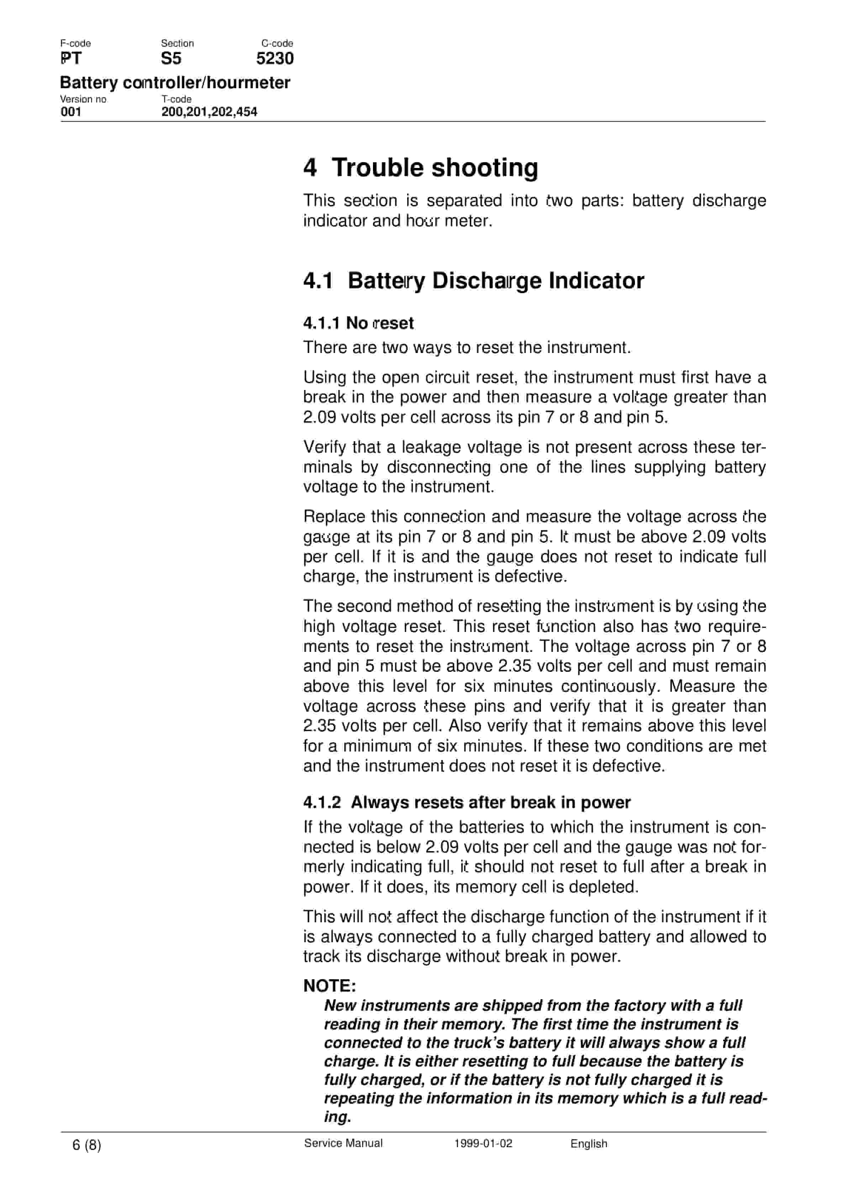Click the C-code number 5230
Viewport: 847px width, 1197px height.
[274, 58]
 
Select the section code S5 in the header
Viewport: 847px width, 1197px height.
[171, 58]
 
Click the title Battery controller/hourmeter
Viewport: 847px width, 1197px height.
[175, 82]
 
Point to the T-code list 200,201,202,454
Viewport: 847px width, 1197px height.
[209, 112]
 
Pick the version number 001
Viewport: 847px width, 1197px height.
[71, 112]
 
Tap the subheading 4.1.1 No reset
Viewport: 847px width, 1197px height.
[358, 323]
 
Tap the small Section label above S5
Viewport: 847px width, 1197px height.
[177, 43]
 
